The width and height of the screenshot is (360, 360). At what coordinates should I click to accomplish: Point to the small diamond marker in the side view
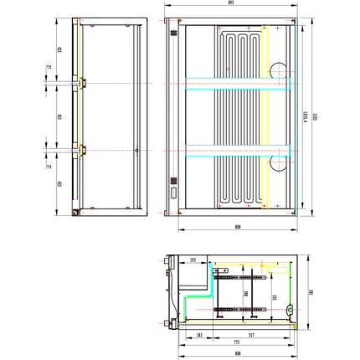click(136, 150)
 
